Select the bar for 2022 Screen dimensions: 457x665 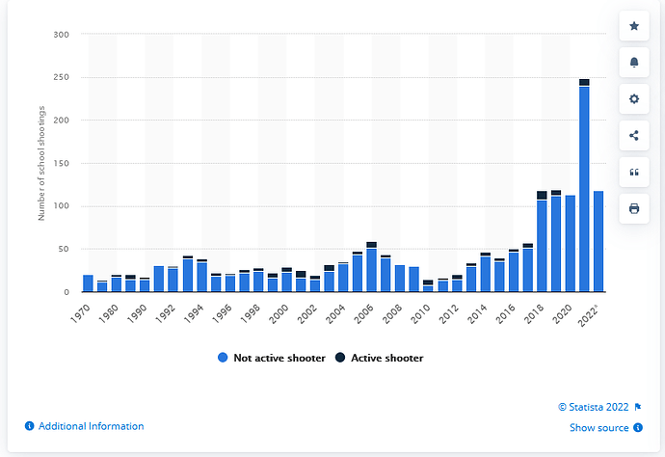[x=598, y=241]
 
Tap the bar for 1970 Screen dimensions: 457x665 [x=88, y=283]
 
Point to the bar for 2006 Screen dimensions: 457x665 [x=371, y=269]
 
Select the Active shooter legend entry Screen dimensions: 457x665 [x=384, y=358]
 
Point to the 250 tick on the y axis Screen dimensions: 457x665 [x=61, y=77]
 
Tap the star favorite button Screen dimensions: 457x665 [x=633, y=26]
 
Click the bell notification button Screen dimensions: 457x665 [x=633, y=63]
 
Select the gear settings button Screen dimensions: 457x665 [x=633, y=99]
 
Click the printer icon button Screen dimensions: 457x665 [x=633, y=208]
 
